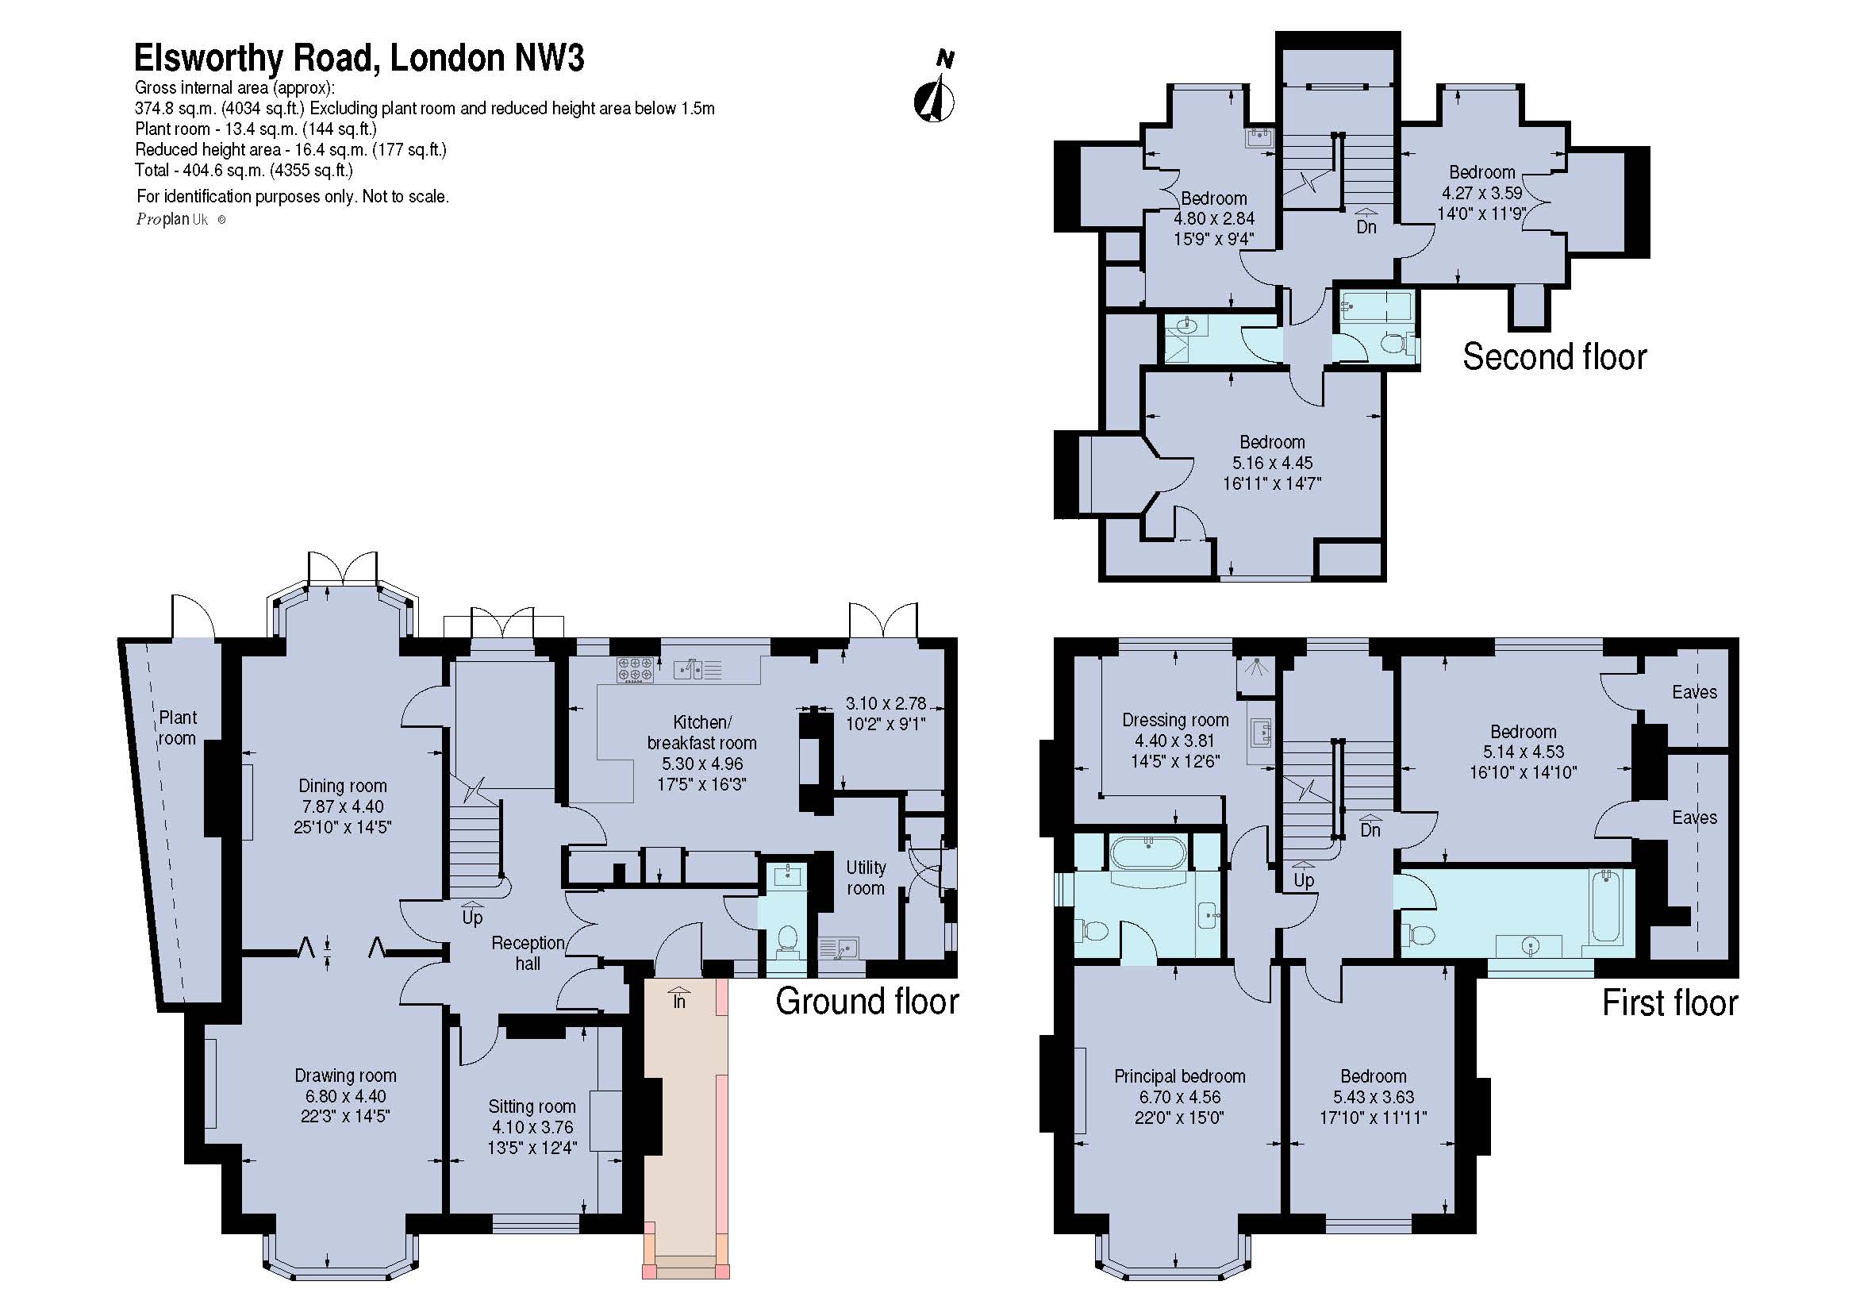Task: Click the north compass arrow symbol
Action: pos(934,98)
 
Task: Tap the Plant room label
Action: pos(177,728)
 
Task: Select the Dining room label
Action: pos(343,786)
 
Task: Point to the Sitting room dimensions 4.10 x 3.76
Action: pos(532,1127)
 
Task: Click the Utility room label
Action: pos(866,878)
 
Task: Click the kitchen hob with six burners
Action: pos(636,670)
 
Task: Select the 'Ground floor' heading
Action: pos(867,1002)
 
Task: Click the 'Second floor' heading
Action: pos(1554,356)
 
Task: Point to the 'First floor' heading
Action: pos(1670,1003)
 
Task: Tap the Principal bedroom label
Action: pos(1179,1077)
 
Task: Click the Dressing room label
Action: pos(1175,720)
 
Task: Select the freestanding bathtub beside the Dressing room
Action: pos(1149,853)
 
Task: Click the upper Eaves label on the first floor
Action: pos(1694,692)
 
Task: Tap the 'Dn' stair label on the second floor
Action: pos(1366,223)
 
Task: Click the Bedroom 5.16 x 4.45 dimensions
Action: pos(1272,464)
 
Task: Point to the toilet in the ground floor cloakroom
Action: pos(786,938)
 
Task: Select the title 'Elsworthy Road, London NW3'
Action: pos(359,58)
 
